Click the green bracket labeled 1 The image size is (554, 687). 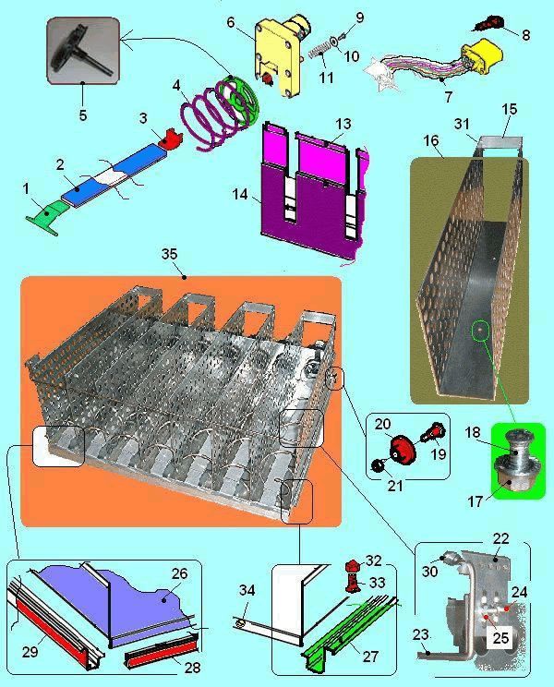point(47,214)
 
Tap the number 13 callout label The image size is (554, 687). point(343,124)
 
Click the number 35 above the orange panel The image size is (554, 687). point(170,254)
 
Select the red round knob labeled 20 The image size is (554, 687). point(402,450)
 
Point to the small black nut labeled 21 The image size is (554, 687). point(377,466)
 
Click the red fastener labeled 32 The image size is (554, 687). point(352,566)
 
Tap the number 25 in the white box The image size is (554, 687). point(500,638)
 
